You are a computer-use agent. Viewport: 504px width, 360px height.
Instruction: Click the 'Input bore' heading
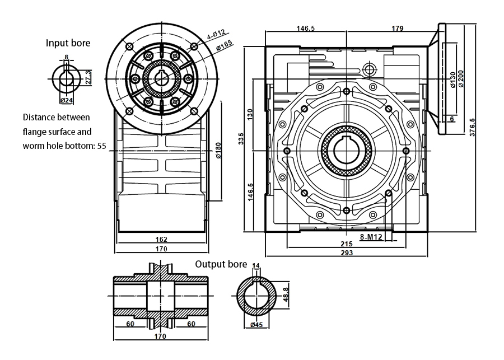pos(68,43)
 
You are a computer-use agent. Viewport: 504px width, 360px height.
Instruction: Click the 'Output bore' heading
pos(221,264)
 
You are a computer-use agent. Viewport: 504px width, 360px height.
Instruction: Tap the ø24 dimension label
pos(67,100)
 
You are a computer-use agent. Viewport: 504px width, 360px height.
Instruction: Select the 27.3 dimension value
pos(88,77)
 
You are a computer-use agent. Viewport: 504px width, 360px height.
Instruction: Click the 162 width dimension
pos(161,239)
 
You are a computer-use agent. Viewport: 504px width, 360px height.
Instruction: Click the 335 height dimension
pos(241,139)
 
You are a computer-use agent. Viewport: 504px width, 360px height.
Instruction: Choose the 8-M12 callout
pos(371,237)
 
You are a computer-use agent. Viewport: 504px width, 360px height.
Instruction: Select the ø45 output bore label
pos(256,325)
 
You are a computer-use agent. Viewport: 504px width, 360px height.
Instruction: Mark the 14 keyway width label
pos(256,265)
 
